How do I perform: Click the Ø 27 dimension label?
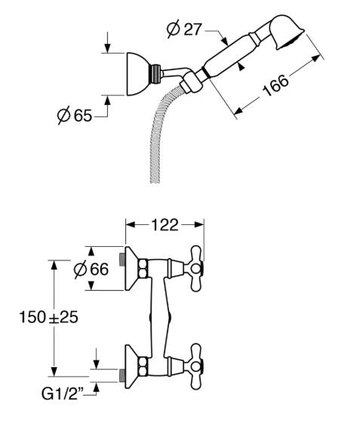point(184,29)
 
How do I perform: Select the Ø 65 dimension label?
point(75,115)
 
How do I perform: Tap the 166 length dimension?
point(275,85)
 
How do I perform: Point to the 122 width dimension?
point(165,225)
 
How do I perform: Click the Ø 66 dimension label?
point(91,269)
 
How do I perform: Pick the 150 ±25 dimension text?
point(48,317)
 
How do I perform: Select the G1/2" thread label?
point(61,393)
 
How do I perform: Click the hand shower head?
point(286,32)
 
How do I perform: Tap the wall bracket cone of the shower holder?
point(137,74)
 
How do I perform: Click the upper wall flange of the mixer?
point(131,268)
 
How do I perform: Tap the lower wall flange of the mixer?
point(131,366)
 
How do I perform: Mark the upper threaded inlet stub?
point(122,259)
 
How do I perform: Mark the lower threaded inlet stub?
point(122,375)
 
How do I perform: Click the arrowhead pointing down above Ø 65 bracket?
point(107,48)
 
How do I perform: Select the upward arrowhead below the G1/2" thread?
point(97,387)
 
